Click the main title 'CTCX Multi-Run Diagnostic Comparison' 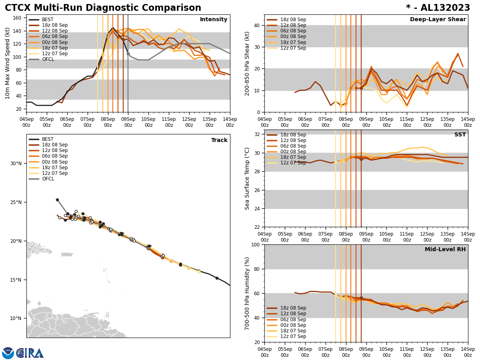click(x=103, y=8)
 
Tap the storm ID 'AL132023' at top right click(x=443, y=8)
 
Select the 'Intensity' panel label click(x=214, y=20)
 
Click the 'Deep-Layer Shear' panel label click(x=438, y=20)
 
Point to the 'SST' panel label click(x=460, y=135)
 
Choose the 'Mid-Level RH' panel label click(x=445, y=250)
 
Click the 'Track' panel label click(x=219, y=140)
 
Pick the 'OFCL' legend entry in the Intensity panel click(x=48, y=59)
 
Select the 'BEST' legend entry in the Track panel click(x=48, y=139)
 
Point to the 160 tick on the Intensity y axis click(x=18, y=18)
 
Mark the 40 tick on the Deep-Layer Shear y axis click(x=256, y=25)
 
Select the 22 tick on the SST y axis click(x=256, y=227)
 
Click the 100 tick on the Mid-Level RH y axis click(x=254, y=244)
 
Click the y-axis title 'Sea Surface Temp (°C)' click(x=247, y=178)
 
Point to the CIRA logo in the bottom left click(x=23, y=353)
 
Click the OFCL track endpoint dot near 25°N click(x=57, y=200)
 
